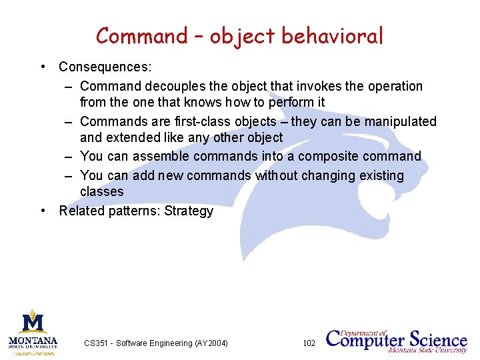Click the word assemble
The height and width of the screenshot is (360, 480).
[157, 157]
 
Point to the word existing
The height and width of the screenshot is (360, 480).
[381, 176]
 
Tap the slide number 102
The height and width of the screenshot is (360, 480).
[309, 343]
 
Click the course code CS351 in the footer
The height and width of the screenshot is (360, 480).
[97, 343]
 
